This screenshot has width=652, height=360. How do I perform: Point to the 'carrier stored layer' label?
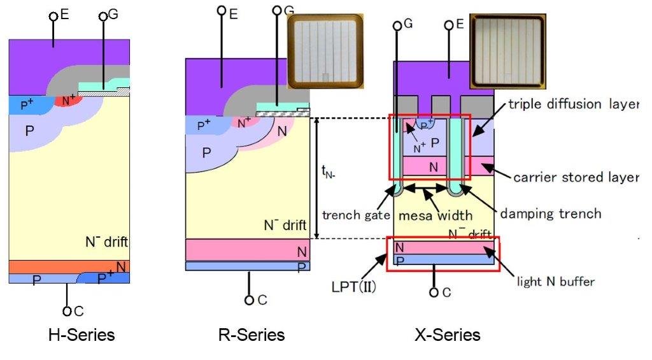(575, 177)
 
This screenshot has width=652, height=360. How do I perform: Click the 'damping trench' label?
(550, 213)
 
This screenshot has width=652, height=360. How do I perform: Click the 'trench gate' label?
(355, 215)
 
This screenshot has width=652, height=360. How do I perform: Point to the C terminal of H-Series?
(67, 311)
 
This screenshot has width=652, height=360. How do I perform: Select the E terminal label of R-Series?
(234, 13)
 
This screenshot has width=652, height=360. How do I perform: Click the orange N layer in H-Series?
(64, 266)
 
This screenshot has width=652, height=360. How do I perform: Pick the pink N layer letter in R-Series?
(302, 252)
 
